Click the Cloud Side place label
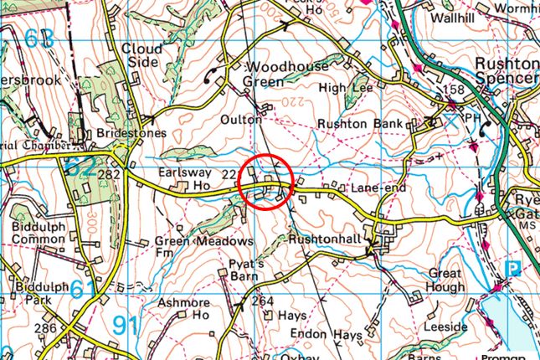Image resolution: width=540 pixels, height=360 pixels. (x=141, y=56)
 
